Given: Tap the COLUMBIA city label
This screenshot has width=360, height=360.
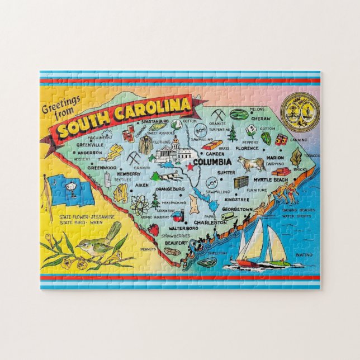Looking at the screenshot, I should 212,163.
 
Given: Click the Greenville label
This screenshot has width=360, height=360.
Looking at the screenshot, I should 90,142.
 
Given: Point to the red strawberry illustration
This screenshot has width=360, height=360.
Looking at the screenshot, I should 153,229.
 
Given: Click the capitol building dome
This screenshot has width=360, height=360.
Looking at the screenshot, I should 174,141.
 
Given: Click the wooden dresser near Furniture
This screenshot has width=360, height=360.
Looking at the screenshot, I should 241,182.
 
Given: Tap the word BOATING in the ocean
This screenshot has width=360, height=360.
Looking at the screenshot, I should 304,255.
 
